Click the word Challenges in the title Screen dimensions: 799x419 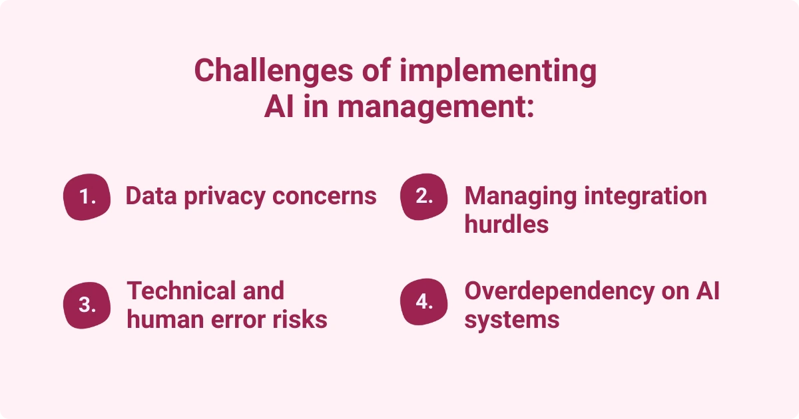coord(274,70)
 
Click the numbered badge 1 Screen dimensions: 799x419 coord(87,197)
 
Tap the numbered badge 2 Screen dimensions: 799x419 coord(423,197)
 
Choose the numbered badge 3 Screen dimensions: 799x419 coord(87,305)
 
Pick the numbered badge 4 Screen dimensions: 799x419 coord(423,302)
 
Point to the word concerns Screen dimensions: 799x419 coord(324,196)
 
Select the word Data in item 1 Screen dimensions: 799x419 coord(151,196)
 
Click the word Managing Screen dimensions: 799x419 coord(521,197)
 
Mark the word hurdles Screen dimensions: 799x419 coord(507,224)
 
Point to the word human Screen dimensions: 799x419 coord(166,319)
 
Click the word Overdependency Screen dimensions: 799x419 coord(560,292)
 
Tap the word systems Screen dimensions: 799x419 coord(512,321)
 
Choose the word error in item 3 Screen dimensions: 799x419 coord(238,320)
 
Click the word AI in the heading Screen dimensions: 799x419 coord(279,106)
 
